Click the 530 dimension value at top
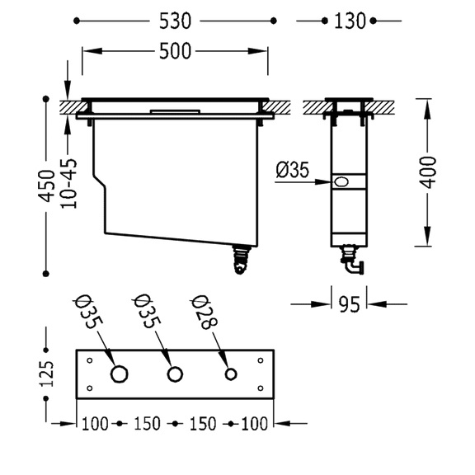click(176, 21)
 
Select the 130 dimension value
click(350, 21)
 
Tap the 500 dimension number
click(176, 51)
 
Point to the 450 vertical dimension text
click(46, 186)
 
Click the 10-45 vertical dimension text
click(68, 183)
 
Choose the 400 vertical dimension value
click(427, 172)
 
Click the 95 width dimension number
click(350, 304)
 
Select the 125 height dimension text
click(47, 374)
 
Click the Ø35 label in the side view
click(293, 170)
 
